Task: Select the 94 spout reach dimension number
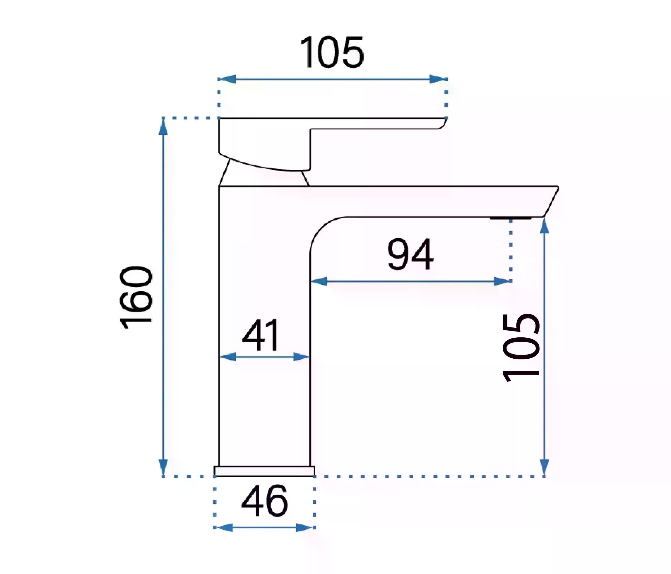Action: point(410,254)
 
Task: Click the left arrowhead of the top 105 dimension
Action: point(227,79)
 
